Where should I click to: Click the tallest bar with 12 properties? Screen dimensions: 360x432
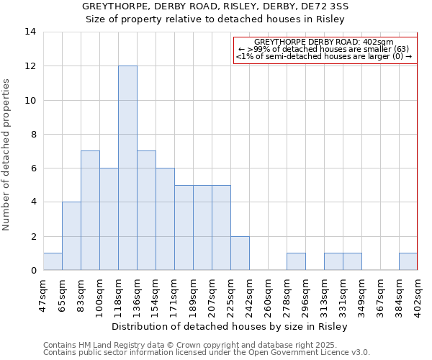(127, 168)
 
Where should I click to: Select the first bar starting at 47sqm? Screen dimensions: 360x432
(53, 261)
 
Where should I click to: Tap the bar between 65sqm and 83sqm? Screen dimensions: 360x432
(71, 236)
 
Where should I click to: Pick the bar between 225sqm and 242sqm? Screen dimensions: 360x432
(240, 253)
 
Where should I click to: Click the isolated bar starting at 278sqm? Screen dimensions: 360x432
(296, 261)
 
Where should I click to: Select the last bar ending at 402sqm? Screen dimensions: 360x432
(408, 261)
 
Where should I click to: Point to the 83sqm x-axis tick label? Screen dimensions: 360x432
(81, 292)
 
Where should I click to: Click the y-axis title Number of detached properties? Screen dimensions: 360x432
(8, 155)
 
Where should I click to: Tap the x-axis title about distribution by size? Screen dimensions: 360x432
(230, 327)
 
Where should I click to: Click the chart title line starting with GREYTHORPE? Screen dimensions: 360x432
(215, 6)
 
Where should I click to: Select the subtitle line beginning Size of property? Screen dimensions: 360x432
(215, 19)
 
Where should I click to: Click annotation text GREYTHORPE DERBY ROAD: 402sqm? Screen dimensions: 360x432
(324, 42)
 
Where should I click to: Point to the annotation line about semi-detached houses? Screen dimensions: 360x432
(324, 56)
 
